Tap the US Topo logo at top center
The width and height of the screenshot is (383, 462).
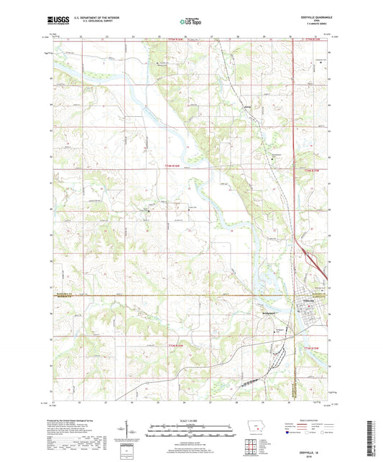(x=190, y=22)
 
